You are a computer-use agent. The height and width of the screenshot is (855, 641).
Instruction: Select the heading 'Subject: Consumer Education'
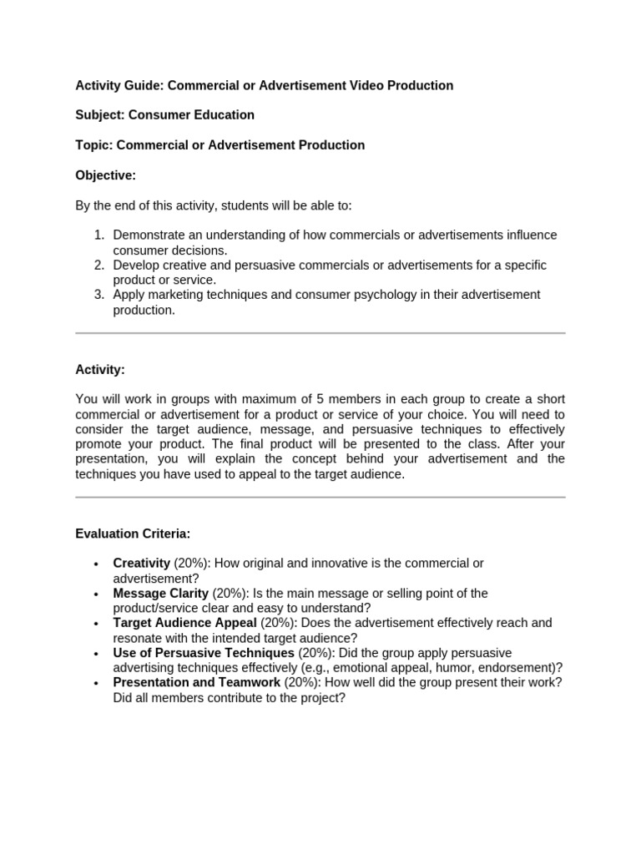pyautogui.click(x=165, y=114)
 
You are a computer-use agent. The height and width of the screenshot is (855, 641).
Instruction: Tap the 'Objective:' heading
pyautogui.click(x=105, y=175)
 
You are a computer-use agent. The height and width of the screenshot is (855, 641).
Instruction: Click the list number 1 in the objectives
pyautogui.click(x=98, y=235)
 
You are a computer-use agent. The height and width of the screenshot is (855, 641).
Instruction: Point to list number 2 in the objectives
pyautogui.click(x=98, y=266)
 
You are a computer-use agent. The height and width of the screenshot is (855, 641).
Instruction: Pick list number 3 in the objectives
pyautogui.click(x=98, y=295)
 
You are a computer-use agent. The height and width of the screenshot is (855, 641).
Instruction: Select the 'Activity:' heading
pyautogui.click(x=100, y=369)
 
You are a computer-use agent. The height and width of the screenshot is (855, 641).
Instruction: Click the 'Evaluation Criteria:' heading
pyautogui.click(x=133, y=533)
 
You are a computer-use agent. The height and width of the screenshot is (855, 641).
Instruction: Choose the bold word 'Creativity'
pyautogui.click(x=142, y=564)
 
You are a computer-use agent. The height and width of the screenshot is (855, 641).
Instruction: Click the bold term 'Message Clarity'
pyautogui.click(x=161, y=594)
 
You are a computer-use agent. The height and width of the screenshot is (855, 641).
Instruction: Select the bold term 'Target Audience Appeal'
pyautogui.click(x=185, y=623)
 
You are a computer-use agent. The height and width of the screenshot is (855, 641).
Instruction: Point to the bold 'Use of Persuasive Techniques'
pyautogui.click(x=204, y=653)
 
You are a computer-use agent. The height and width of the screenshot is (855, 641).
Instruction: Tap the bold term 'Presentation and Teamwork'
pyautogui.click(x=197, y=682)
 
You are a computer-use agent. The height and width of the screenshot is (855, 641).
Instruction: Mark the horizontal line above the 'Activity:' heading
pyautogui.click(x=320, y=333)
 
